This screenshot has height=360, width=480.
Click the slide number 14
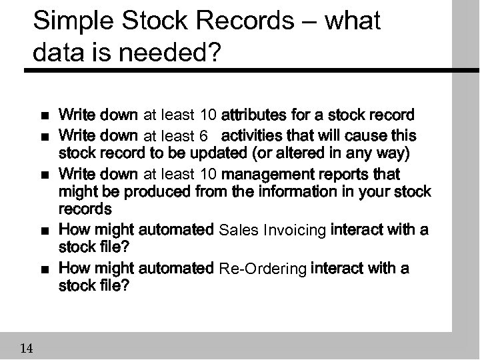point(27,347)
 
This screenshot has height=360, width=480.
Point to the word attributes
point(260,115)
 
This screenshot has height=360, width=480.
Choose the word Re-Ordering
point(263,269)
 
